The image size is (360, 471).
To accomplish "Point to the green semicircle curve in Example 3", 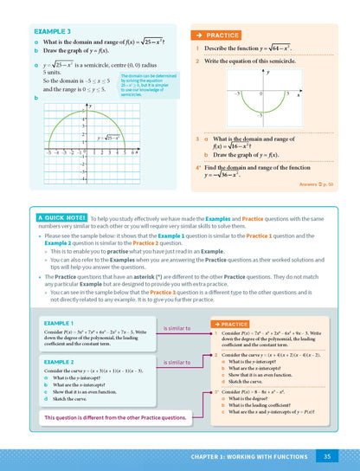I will [x=88, y=120].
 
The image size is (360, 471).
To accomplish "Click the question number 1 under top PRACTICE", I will [x=197, y=48].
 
